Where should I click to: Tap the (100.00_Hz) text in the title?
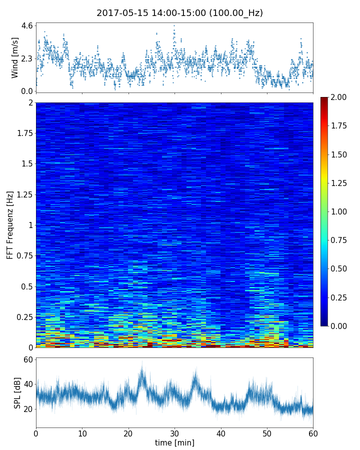click(236, 13)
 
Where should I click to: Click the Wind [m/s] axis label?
click(15, 57)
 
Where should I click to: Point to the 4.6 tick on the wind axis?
click(27, 25)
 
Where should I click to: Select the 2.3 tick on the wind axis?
click(27, 58)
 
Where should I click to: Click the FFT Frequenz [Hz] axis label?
click(10, 225)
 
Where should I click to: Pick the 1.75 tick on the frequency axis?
click(24, 133)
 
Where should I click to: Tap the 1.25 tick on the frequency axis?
click(24, 194)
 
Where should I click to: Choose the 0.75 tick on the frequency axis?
click(24, 255)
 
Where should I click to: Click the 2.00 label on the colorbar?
click(339, 97)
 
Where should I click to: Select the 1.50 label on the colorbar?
click(339, 154)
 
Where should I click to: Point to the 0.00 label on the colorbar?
click(339, 326)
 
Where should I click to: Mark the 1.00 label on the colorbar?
click(339, 211)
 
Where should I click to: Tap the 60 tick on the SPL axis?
click(27, 360)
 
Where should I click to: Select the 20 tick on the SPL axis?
click(27, 409)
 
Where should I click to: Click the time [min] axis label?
click(174, 442)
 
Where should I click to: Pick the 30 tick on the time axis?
click(174, 433)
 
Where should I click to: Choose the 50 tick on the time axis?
click(267, 433)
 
